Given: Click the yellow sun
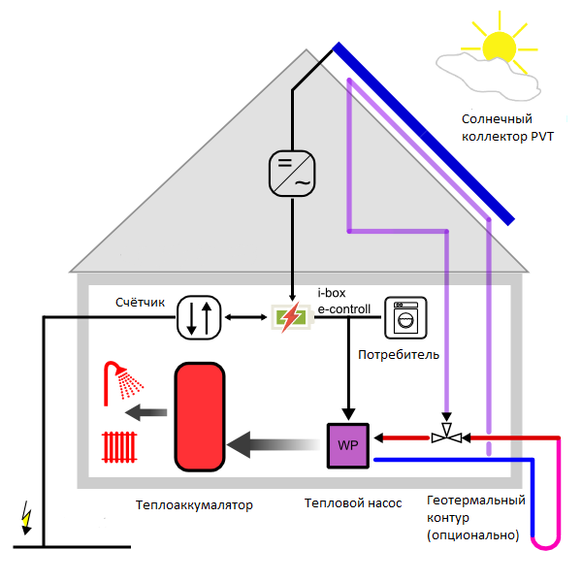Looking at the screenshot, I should [x=500, y=45].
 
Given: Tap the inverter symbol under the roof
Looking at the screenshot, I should [x=292, y=172].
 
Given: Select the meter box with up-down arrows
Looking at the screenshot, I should [x=200, y=317].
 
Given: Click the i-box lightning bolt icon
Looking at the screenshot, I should [x=290, y=317].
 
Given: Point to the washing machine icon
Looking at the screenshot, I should [x=405, y=317].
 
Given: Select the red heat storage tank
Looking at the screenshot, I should [x=199, y=414].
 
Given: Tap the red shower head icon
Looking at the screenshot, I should [x=120, y=380].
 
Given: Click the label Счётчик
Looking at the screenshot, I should [x=140, y=303].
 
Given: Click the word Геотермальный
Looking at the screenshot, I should [x=476, y=501].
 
